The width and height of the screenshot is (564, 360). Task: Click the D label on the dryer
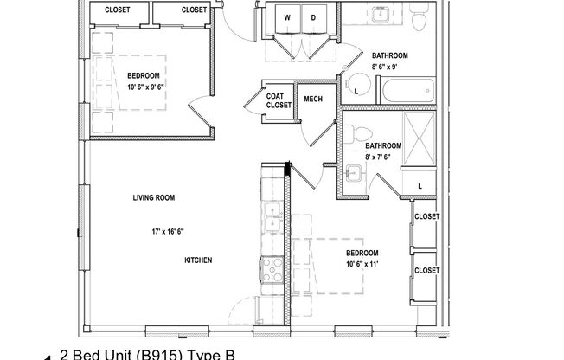tap(312, 17)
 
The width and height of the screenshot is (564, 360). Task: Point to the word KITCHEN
tap(198, 260)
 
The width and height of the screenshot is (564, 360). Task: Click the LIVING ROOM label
tap(154, 198)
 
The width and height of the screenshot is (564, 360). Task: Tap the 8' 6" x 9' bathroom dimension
tap(389, 67)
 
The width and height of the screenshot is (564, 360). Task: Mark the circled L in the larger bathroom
tap(357, 87)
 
